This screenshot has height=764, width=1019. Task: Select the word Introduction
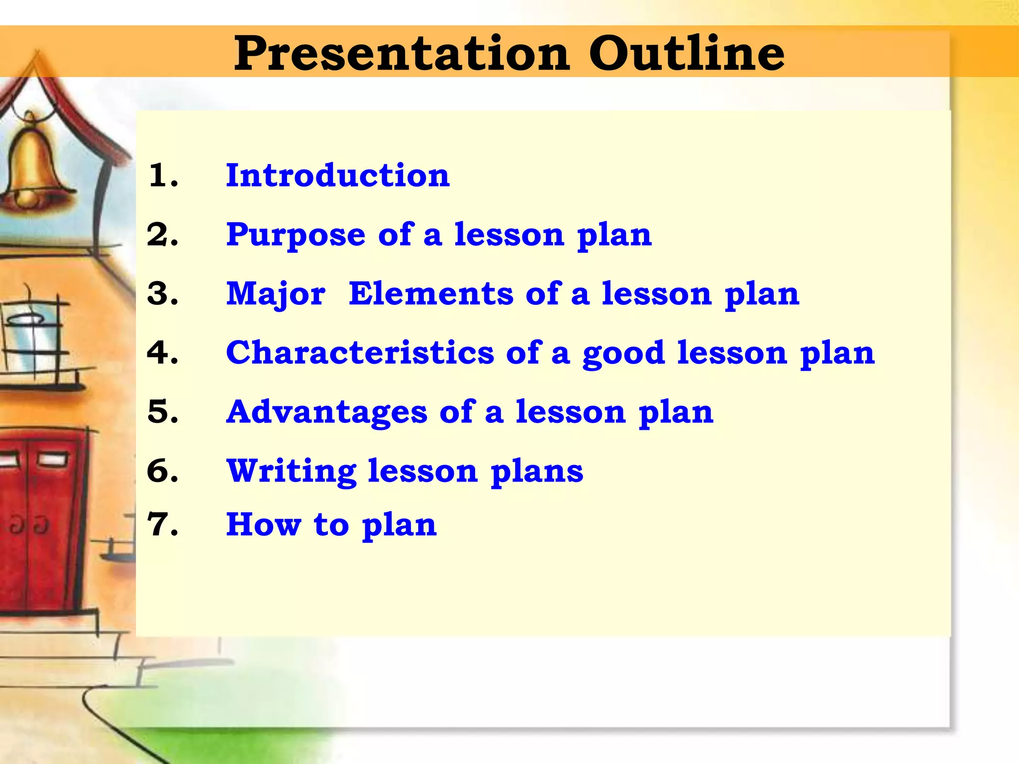[x=338, y=176]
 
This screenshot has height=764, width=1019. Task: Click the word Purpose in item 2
[x=296, y=235]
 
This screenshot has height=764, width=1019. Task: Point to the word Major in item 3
[x=276, y=294]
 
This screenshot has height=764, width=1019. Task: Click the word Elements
[x=431, y=293]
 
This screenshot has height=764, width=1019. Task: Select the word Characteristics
[x=360, y=353]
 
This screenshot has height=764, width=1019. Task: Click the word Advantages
[x=327, y=412]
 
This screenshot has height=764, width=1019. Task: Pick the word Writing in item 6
[x=292, y=471]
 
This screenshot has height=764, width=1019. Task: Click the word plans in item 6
[x=537, y=472]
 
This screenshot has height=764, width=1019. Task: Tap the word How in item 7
[x=264, y=525]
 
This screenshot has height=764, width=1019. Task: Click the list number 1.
[x=163, y=176]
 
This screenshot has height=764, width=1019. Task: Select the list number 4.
[x=163, y=353]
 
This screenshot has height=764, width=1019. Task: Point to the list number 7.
[x=163, y=525]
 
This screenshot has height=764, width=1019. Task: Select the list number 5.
[x=163, y=412]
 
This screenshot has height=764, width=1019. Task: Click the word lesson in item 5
[x=570, y=412]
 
